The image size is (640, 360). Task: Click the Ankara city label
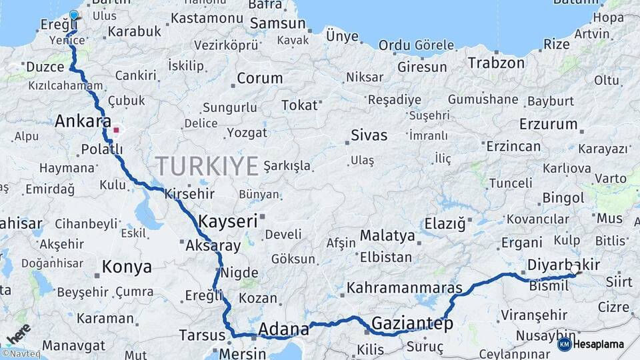coord(83,121)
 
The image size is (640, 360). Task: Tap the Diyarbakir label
coord(563,265)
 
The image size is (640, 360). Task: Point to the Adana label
coord(283,329)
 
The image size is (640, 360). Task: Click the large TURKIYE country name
coord(207,165)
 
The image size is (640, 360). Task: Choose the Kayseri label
coord(228,221)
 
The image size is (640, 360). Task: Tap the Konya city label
coord(127,267)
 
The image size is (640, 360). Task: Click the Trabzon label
coord(496,63)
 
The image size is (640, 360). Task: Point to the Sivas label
coord(369,135)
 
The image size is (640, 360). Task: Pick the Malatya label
coord(387,235)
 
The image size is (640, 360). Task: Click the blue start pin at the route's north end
coord(73,15)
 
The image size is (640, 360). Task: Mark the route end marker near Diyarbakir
coord(575,271)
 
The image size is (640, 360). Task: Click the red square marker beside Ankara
coord(116,130)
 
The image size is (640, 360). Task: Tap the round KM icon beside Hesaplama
coord(564,344)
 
